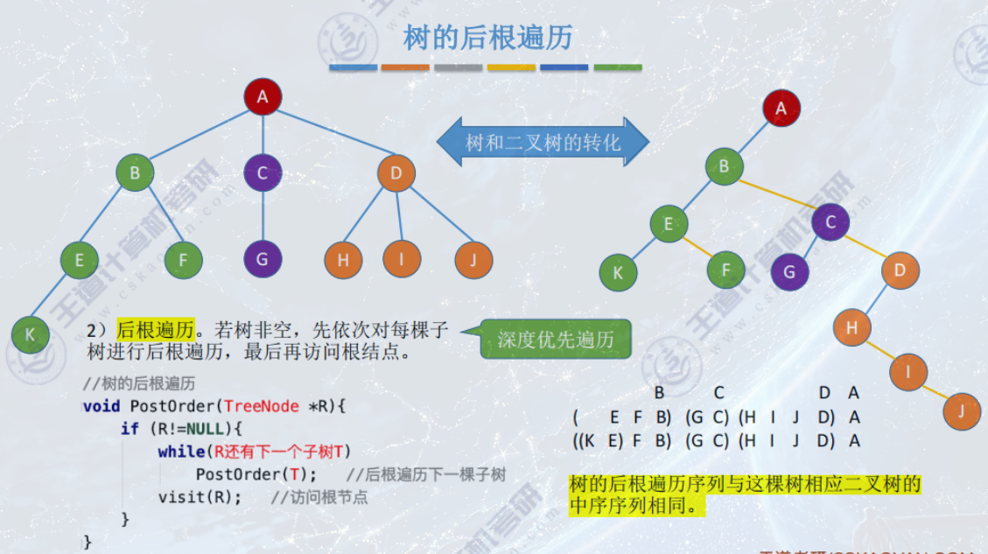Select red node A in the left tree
263,97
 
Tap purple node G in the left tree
263,258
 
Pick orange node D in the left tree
396,172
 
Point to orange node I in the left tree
402,258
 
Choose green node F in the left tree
183,259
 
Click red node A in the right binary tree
781,109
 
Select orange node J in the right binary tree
963,410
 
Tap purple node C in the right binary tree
830,222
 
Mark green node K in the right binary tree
618,272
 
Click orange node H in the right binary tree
851,328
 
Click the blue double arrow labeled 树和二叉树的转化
543,142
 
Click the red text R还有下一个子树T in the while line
281,452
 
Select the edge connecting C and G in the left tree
263,215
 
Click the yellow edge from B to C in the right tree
777,194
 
